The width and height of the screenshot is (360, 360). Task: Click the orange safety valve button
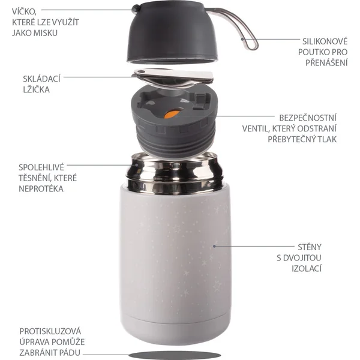point(172,114)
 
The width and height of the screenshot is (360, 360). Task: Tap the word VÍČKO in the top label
point(24,11)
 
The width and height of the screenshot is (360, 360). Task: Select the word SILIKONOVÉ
point(325,41)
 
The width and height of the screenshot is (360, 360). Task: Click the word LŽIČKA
point(36,89)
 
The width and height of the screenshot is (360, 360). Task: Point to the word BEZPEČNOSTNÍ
point(308,118)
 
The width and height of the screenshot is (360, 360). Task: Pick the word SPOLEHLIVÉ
point(41,167)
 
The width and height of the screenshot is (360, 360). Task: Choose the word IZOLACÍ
point(306,268)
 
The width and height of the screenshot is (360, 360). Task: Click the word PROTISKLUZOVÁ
point(50,331)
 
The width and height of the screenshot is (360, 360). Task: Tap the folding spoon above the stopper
point(173,77)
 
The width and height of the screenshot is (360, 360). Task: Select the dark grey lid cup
point(173,32)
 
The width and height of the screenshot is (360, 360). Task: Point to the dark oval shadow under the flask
point(175,355)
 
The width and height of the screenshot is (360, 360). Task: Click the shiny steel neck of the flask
point(175,173)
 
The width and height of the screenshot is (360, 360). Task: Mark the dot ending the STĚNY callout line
point(214,246)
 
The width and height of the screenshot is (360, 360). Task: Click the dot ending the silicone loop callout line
point(242,39)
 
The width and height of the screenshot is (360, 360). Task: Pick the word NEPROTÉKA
point(41,189)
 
